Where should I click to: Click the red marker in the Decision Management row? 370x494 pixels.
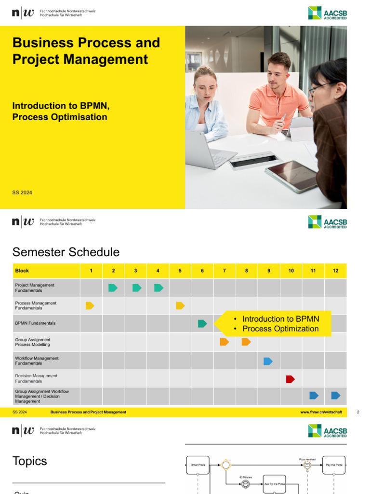coord(290,379)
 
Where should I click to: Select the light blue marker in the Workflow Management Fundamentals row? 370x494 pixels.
coord(268,361)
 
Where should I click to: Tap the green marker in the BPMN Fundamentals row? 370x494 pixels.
coord(202,323)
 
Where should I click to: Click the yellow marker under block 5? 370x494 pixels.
coord(180,305)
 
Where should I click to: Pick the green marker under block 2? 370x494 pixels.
coord(113,288)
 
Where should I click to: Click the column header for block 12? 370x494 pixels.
coord(335,271)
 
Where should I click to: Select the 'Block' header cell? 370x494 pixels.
coord(22,271)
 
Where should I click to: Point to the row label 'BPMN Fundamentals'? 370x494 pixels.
coord(35,323)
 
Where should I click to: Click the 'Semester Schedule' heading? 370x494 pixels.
coord(66,252)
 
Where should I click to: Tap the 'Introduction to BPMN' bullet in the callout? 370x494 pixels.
coord(280,319)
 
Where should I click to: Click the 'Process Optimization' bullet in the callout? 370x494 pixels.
coord(280,329)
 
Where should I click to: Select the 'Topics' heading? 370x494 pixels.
coord(30,461)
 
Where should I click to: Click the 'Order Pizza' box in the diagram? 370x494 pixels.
coord(198,465)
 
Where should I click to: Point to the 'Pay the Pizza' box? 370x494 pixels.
coord(334,465)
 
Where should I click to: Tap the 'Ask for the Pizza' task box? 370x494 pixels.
coord(275,483)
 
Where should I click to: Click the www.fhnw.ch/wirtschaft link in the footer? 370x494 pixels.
coord(321,412)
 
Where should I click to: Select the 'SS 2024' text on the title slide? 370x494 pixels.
coord(22,192)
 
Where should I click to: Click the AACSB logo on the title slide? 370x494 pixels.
coord(328,13)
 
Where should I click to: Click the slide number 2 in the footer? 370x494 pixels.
coord(358,412)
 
